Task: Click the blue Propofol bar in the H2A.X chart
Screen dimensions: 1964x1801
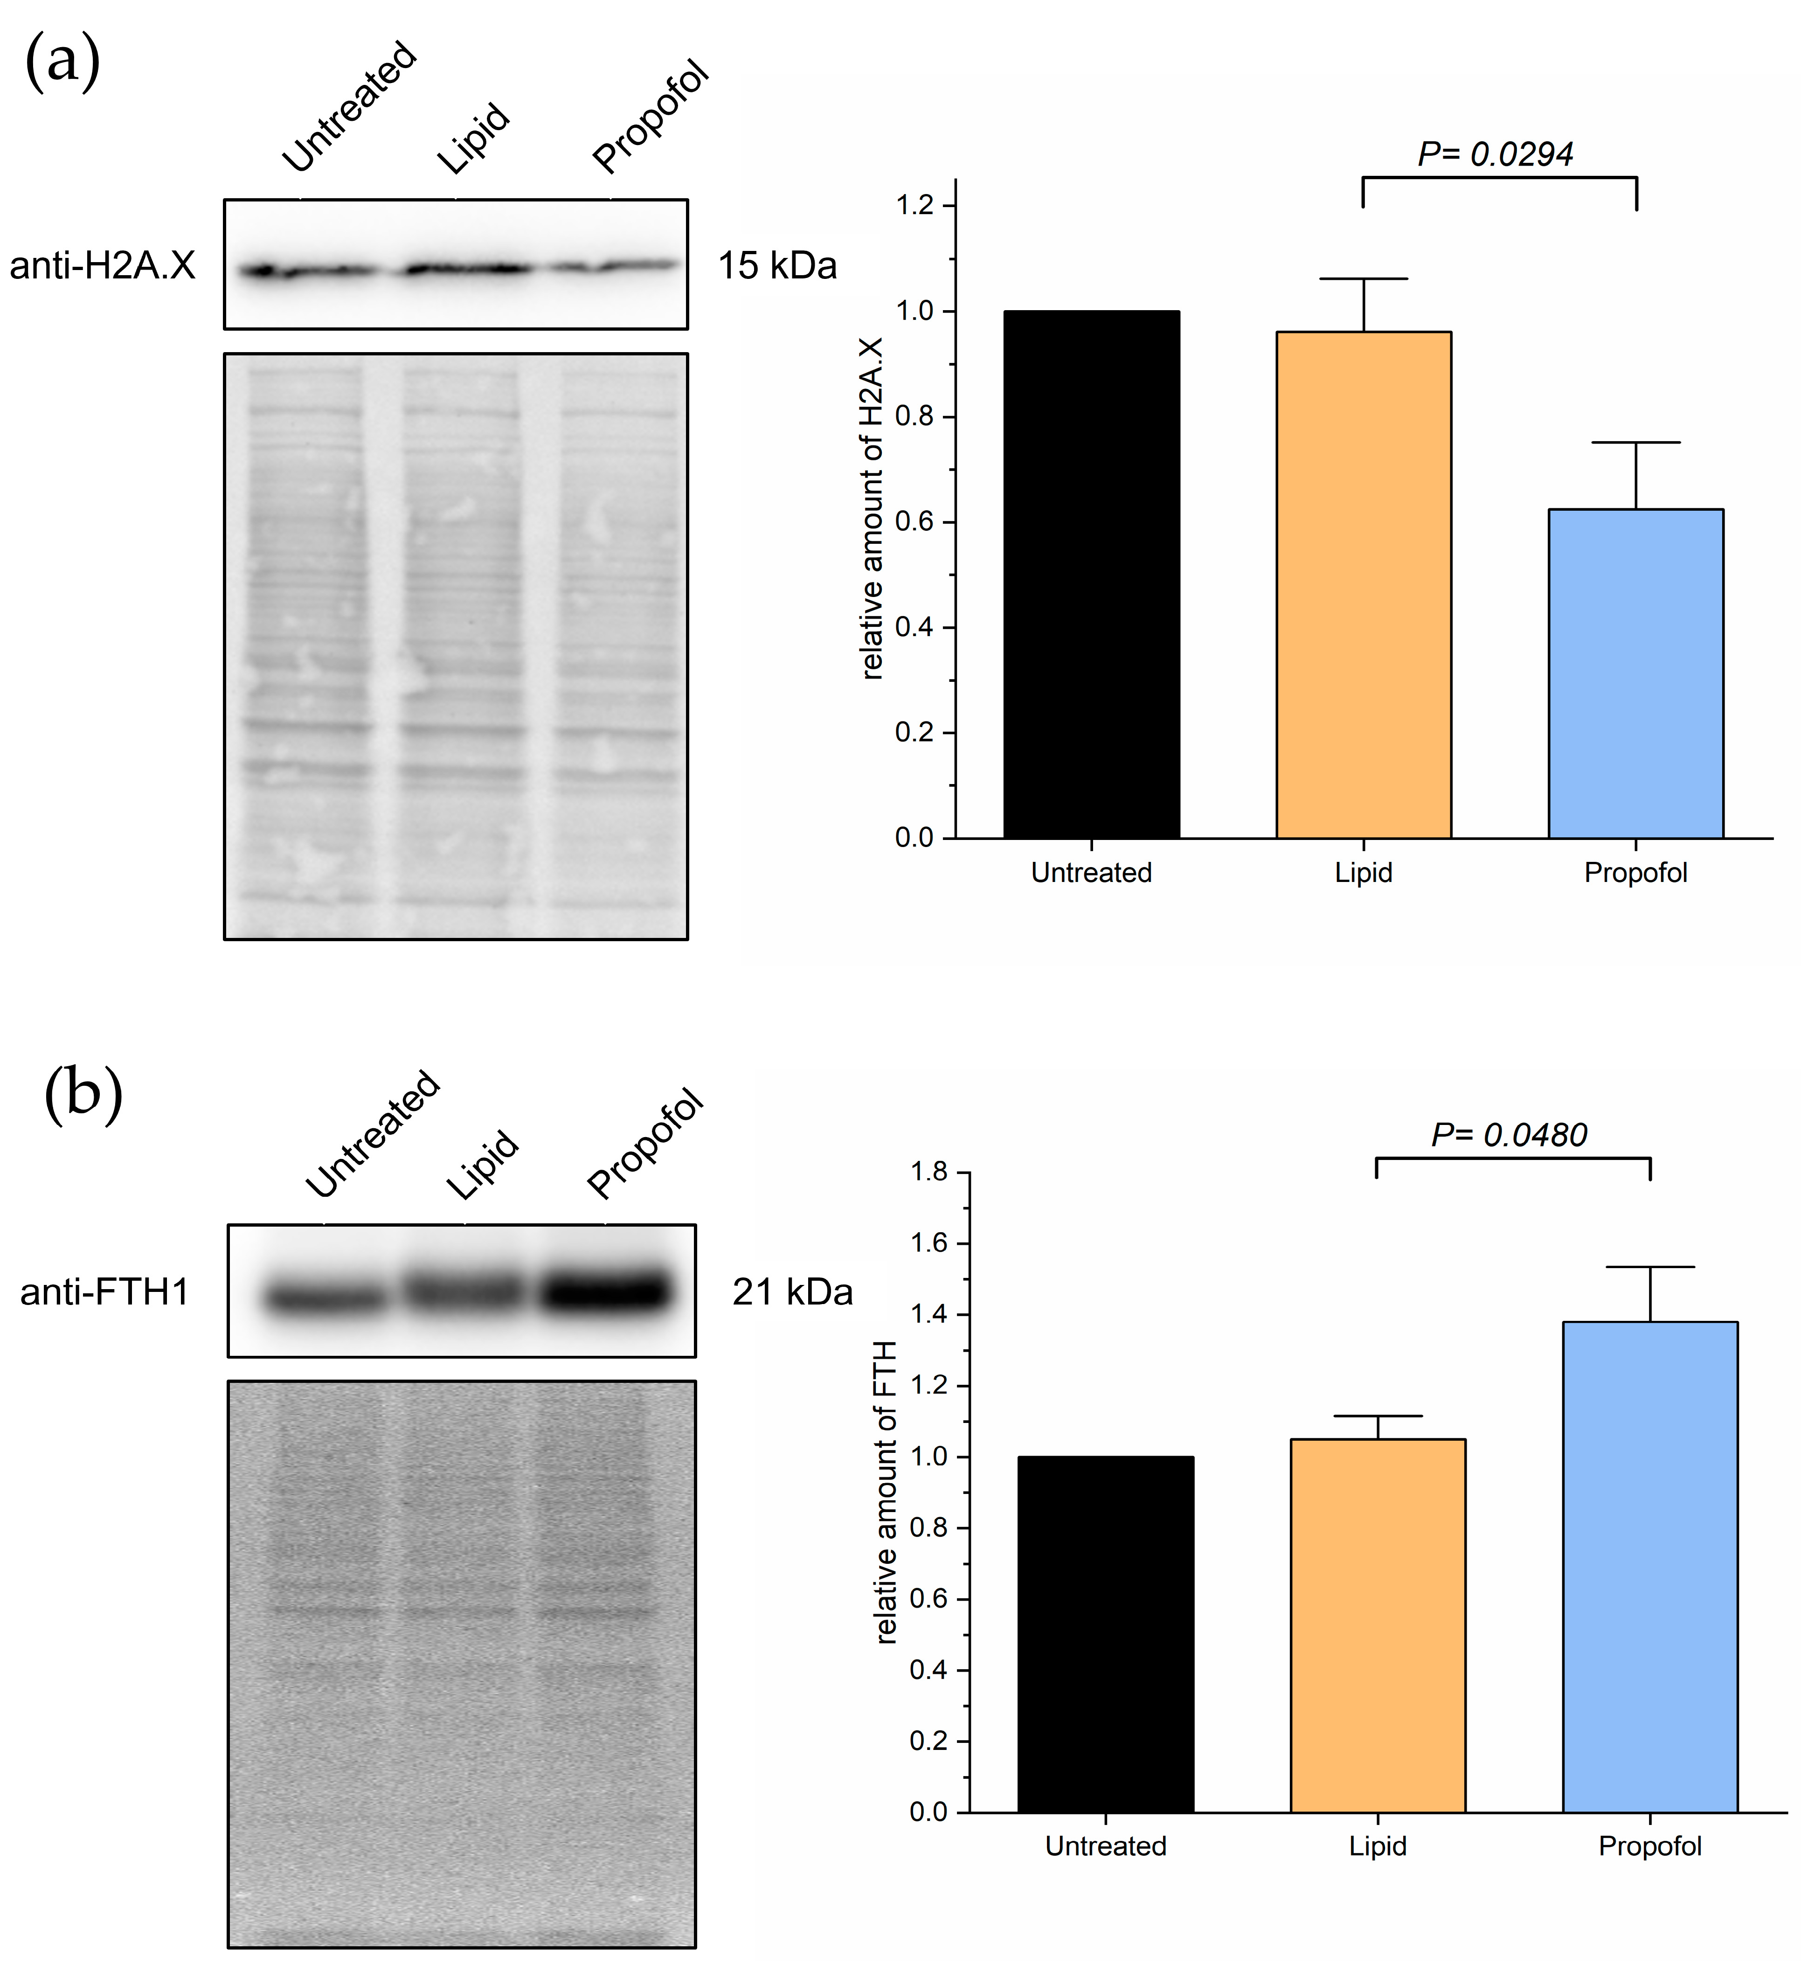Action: (1635, 673)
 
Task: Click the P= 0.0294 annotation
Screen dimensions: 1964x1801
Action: (1495, 154)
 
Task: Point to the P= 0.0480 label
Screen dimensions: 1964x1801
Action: (1509, 1135)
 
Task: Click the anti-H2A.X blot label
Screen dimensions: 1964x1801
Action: (102, 265)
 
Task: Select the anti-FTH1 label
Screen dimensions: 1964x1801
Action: (104, 1292)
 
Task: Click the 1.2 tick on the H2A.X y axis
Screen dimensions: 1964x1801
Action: (914, 206)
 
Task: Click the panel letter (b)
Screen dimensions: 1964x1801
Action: (84, 1094)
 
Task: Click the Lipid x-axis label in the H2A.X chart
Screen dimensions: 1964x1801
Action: (1363, 872)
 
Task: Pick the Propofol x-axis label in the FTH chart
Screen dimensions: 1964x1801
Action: (1649, 1846)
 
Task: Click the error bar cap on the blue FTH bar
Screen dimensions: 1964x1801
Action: (1650, 1267)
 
